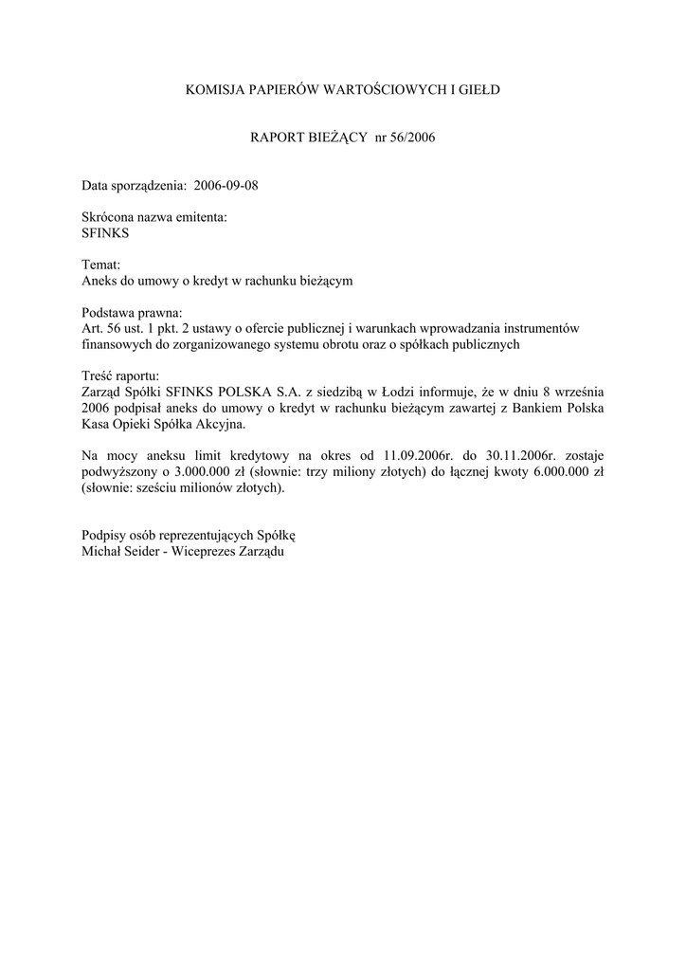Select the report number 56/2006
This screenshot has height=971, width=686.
tap(411, 137)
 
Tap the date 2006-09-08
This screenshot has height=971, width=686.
tap(226, 185)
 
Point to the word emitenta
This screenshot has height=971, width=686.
tap(201, 217)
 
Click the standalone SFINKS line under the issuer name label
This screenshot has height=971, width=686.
tap(106, 232)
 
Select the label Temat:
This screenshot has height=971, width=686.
tap(101, 266)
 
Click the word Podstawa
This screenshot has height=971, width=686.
tap(110, 312)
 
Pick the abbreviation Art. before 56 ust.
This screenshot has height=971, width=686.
tap(95, 327)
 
